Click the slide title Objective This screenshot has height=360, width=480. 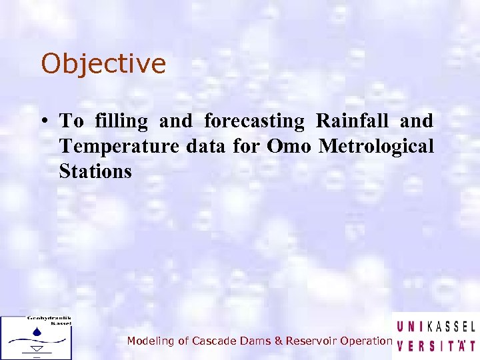pos(103,65)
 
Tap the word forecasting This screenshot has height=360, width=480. pos(253,121)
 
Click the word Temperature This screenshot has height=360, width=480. pos(119,146)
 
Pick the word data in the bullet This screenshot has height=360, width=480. pos(206,146)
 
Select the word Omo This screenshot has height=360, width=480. pos(288,146)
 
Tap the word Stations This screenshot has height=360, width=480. pos(95,171)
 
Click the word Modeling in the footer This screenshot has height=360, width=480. pos(148,341)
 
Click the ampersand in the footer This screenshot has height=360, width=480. pos(278,341)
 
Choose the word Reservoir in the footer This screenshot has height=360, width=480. pos(310,341)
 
